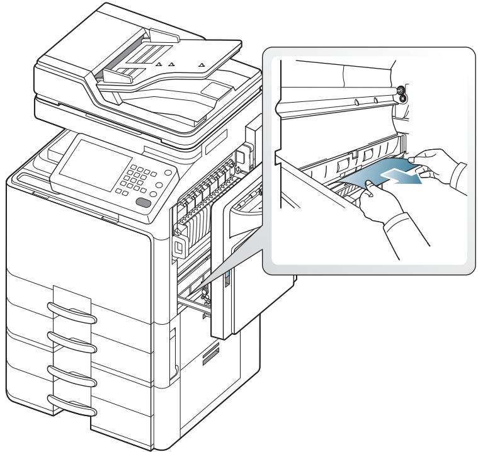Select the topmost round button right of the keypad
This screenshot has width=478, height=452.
click(x=168, y=173)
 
